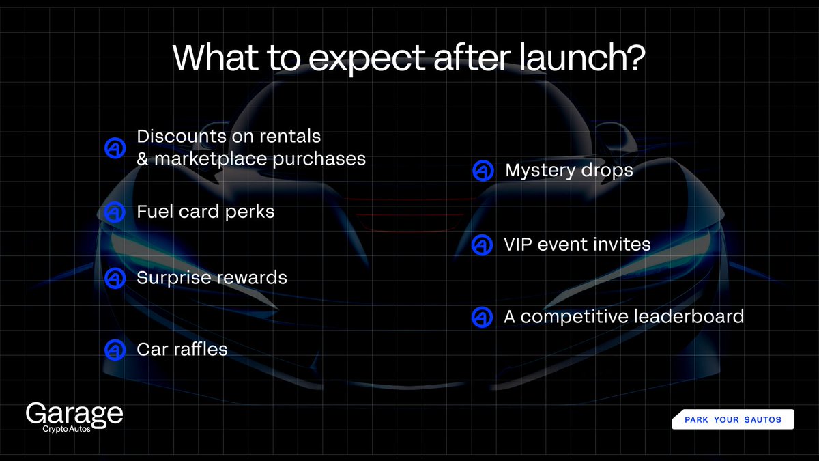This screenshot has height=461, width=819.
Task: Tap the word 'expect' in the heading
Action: (x=367, y=60)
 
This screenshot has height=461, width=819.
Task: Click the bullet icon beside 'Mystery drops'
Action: (x=483, y=171)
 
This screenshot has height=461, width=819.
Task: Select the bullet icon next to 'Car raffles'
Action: (x=115, y=350)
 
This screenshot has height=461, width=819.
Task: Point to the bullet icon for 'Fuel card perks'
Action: (x=115, y=212)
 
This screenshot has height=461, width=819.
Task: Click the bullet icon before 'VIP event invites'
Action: (x=482, y=245)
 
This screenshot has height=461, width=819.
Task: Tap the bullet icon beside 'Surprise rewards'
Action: (x=115, y=278)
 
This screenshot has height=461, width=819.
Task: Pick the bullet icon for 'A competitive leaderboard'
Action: (x=482, y=317)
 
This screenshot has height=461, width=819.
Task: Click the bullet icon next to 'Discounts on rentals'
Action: (x=115, y=148)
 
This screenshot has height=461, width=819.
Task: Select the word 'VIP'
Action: (x=517, y=245)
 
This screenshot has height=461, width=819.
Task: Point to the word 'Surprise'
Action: (x=174, y=278)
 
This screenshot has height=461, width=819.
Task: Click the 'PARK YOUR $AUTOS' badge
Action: (x=733, y=419)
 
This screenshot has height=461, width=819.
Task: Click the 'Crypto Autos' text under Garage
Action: (x=66, y=429)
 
